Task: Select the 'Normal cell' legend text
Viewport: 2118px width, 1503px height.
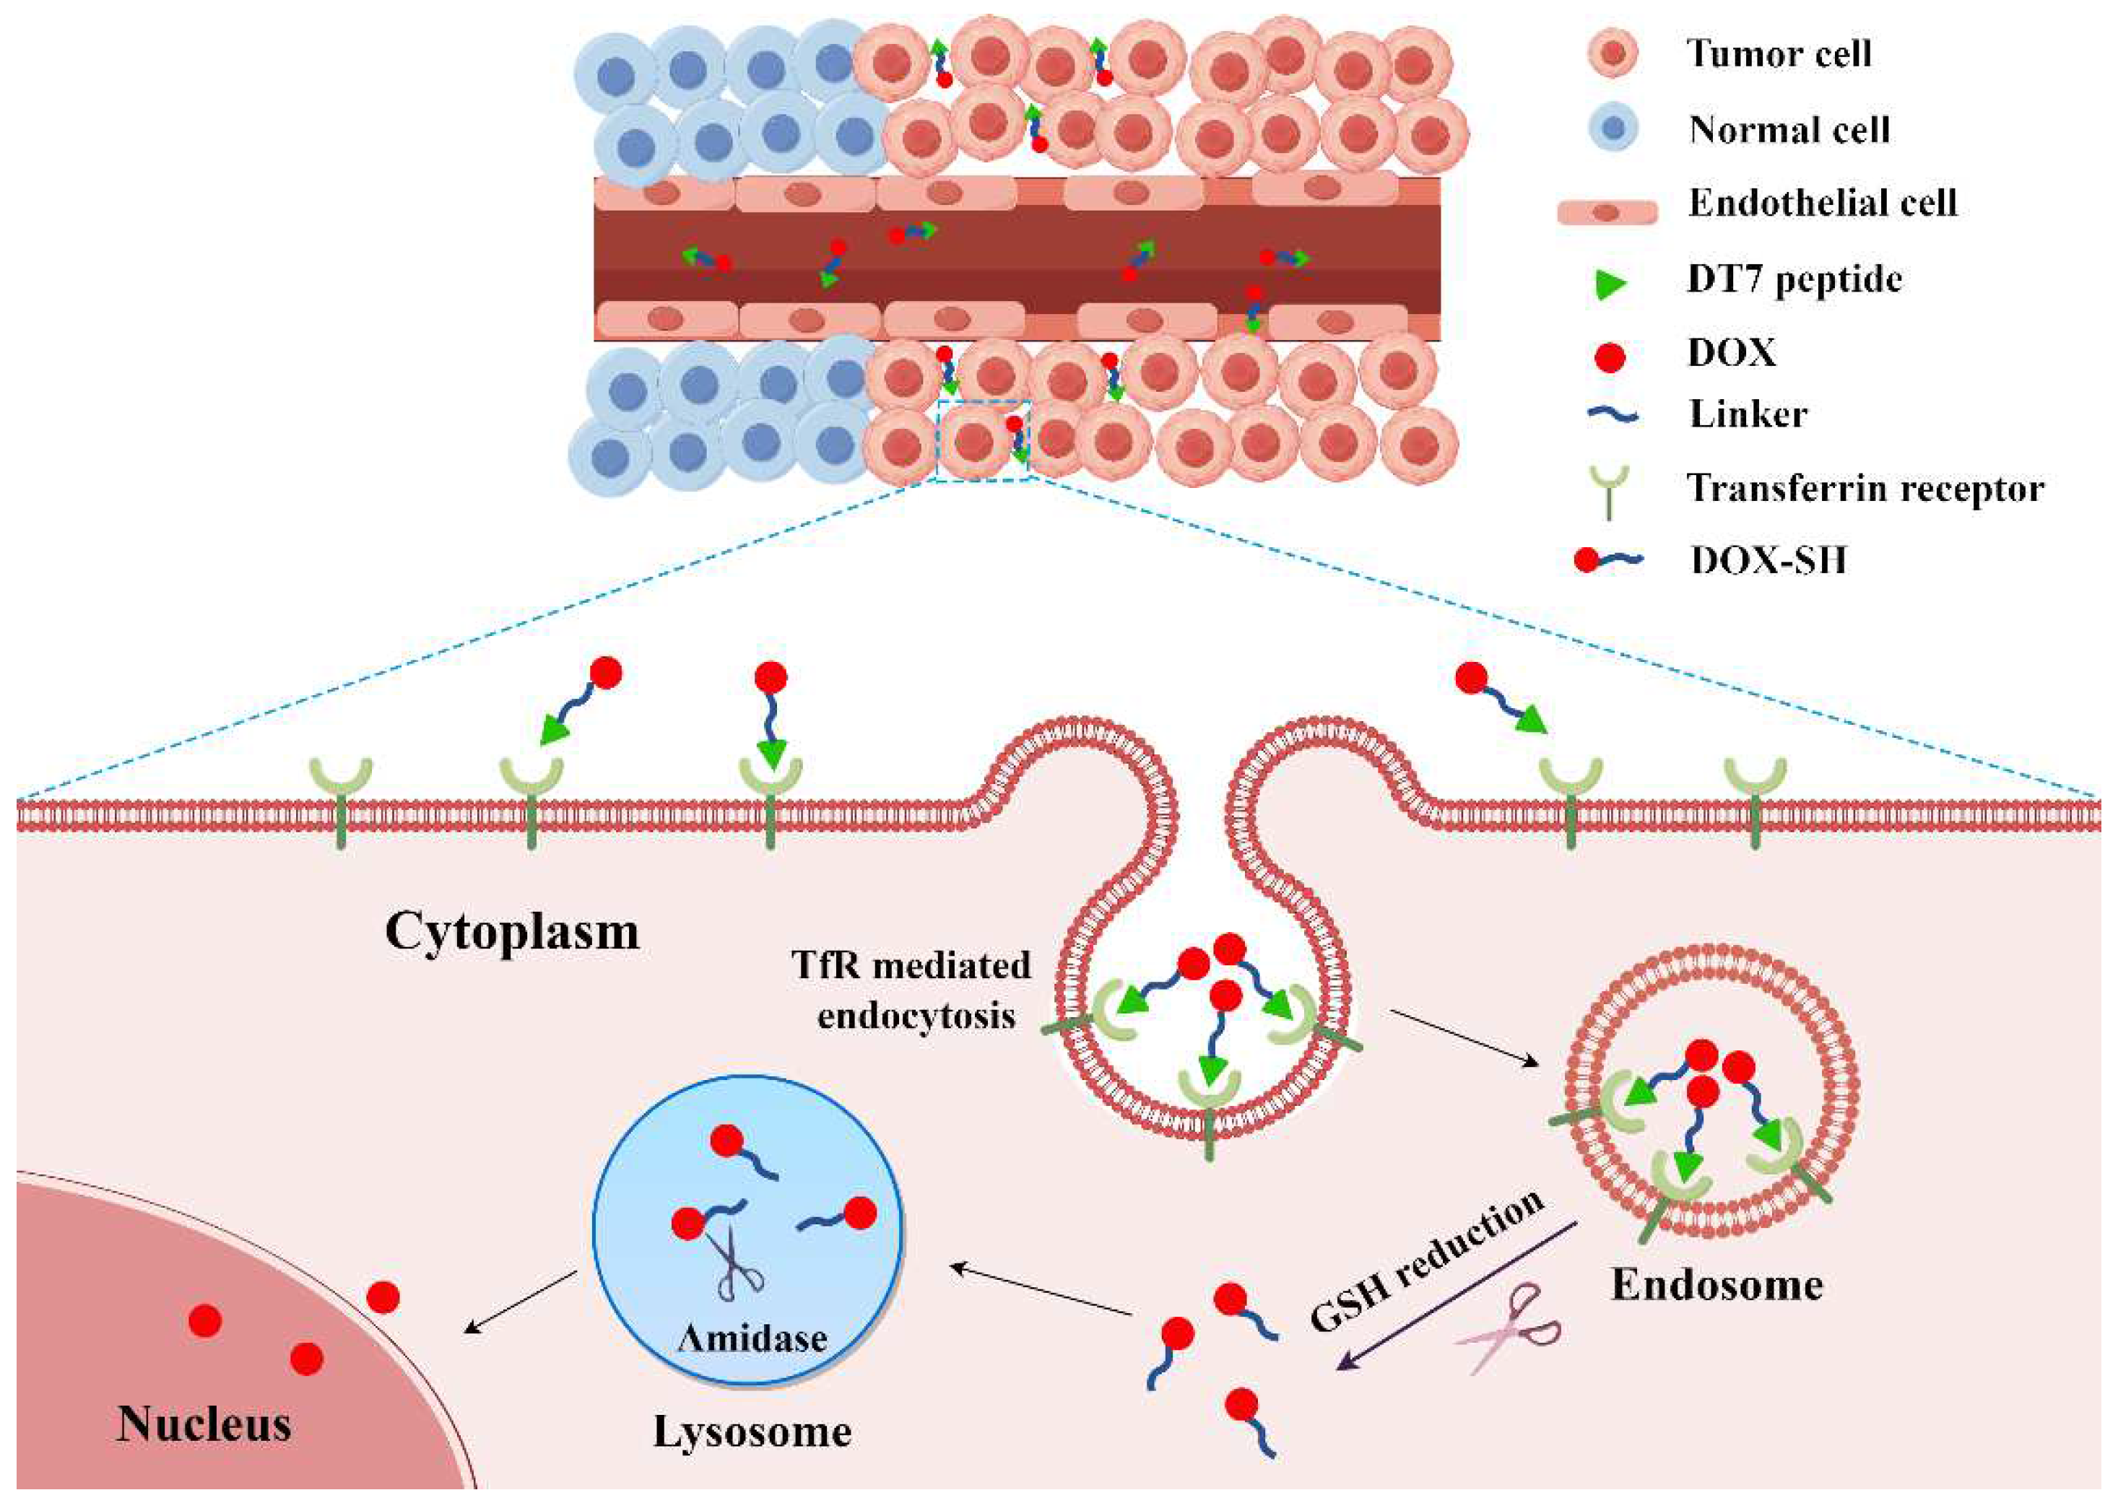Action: click(1789, 129)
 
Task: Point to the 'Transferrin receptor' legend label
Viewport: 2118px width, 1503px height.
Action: click(1865, 489)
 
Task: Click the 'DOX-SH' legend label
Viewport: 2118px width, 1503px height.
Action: click(1768, 561)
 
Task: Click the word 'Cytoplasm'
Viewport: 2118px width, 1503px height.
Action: click(512, 932)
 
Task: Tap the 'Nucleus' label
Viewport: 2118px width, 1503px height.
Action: click(204, 1424)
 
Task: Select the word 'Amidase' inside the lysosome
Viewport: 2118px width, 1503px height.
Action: click(752, 1338)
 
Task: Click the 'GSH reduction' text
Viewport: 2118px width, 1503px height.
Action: click(1426, 1260)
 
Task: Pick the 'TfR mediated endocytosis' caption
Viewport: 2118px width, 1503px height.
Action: click(913, 991)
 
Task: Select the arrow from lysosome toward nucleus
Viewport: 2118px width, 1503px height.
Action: click(519, 1303)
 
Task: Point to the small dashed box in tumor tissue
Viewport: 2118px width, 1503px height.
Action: click(983, 440)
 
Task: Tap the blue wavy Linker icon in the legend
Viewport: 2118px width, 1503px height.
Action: click(1612, 416)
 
